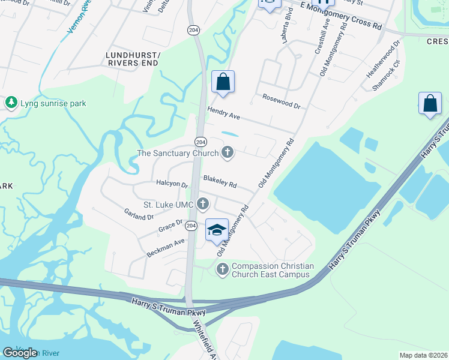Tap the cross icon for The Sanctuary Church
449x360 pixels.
pos(228,153)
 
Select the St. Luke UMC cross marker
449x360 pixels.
pos(203,205)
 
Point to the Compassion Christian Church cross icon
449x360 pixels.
pos(223,269)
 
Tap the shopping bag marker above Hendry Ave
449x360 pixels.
pos(223,82)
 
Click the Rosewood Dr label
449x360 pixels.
pos(281,100)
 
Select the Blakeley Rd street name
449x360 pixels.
pos(220,181)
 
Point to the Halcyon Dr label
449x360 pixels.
pos(172,184)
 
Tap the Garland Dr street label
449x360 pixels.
pos(139,214)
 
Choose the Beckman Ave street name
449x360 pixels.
pos(166,248)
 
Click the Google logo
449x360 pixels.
pos(20,353)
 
